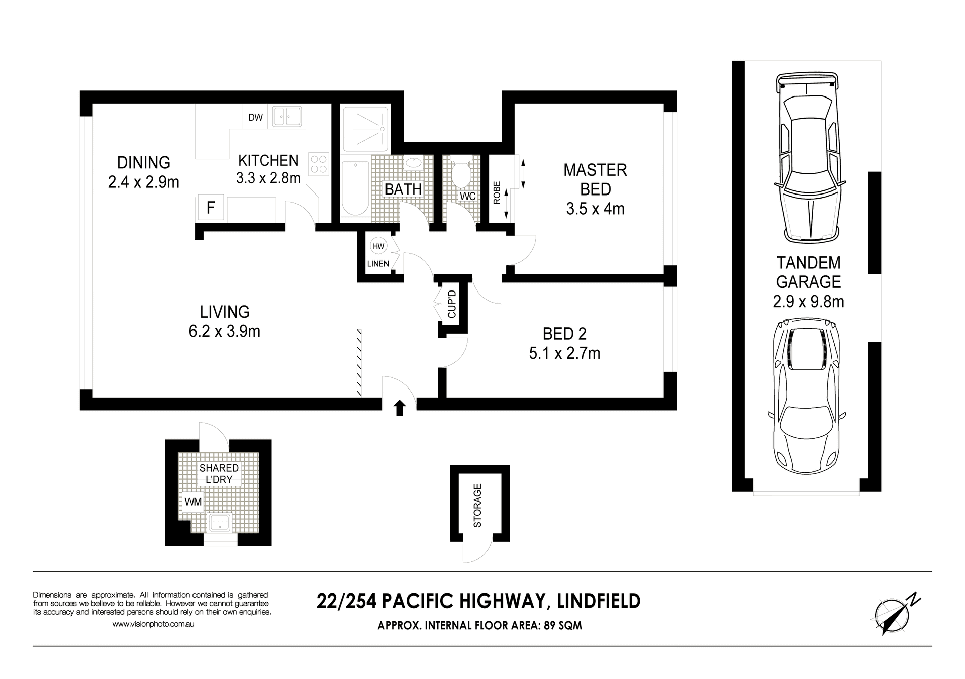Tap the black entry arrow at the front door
pos(400,408)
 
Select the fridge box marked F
pos(211,207)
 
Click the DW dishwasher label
pos(255,117)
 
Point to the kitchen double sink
pos(287,116)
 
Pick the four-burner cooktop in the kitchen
pos(319,164)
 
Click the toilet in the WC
pos(460,173)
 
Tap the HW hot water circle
pos(378,246)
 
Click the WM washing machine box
pos(193,501)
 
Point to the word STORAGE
pos(477,505)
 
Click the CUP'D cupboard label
pos(452,304)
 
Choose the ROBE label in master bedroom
pos(497,192)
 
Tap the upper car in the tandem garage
pos(809,157)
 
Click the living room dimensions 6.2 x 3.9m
pos(225,331)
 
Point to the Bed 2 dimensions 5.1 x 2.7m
pos(564,353)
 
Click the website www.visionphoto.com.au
pos(153,624)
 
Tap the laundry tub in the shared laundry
pos(219,523)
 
